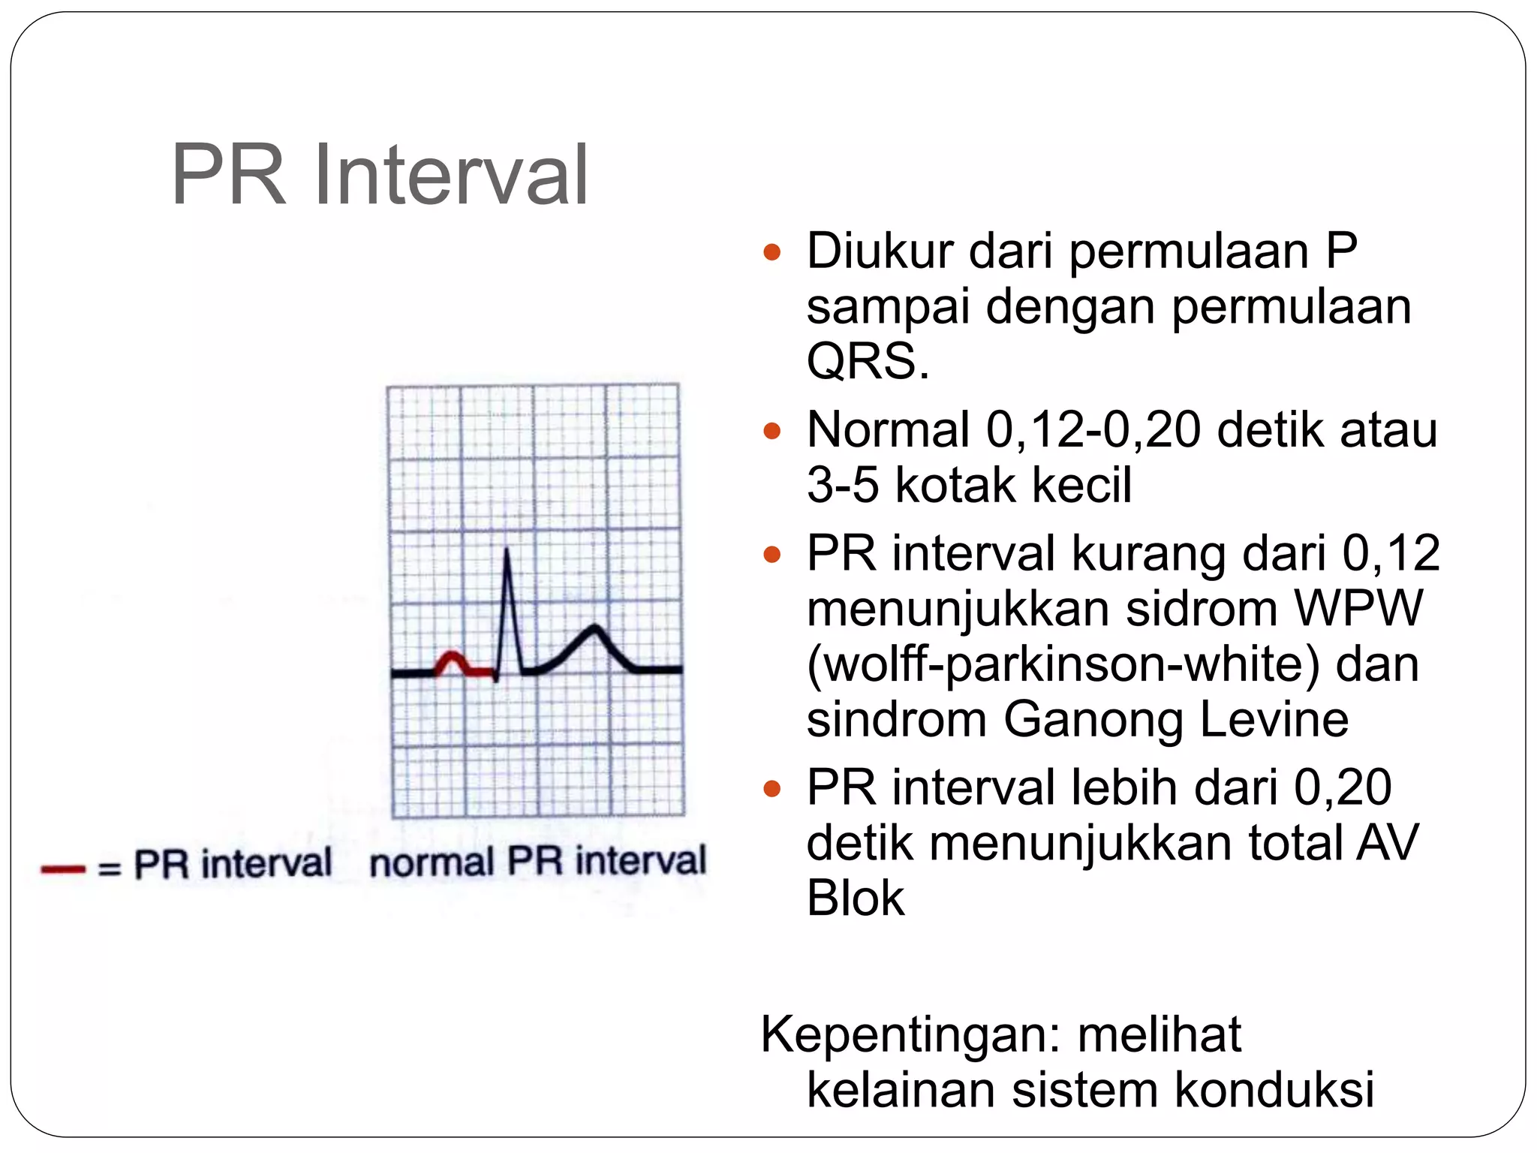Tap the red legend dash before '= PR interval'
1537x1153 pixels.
[x=63, y=869]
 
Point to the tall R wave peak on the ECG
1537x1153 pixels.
[x=507, y=552]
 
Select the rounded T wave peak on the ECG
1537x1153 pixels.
[x=595, y=628]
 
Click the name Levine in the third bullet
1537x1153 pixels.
[x=1274, y=718]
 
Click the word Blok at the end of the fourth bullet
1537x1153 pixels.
[x=856, y=898]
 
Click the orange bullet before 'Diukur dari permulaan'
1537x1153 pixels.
[x=772, y=251]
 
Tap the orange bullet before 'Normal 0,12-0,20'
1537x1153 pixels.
[x=772, y=431]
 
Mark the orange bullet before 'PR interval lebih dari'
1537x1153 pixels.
[x=772, y=789]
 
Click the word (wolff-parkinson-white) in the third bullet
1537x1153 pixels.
[x=1063, y=664]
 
